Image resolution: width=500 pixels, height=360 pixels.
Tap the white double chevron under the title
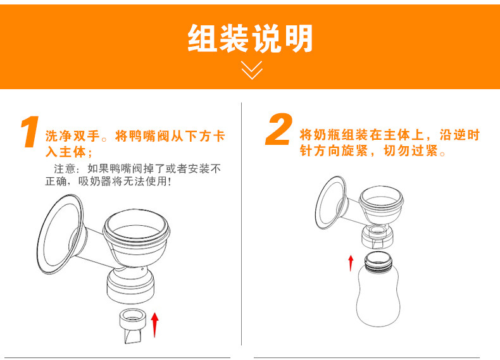coord(252,70)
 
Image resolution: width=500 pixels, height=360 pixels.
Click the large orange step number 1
coord(30,132)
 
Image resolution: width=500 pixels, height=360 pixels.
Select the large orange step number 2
coord(279,129)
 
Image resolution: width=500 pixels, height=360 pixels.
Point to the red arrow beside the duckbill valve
coord(154,325)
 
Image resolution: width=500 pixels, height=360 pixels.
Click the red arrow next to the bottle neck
coord(351,263)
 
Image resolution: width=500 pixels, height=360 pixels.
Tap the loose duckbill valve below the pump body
coord(133,326)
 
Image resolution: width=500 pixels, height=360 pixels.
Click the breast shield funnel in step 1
coord(61,234)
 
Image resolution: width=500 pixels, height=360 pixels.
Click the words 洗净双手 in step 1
coord(73,136)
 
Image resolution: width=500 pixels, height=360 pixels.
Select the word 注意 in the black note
coord(65,168)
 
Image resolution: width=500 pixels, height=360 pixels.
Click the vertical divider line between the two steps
coord(241,224)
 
